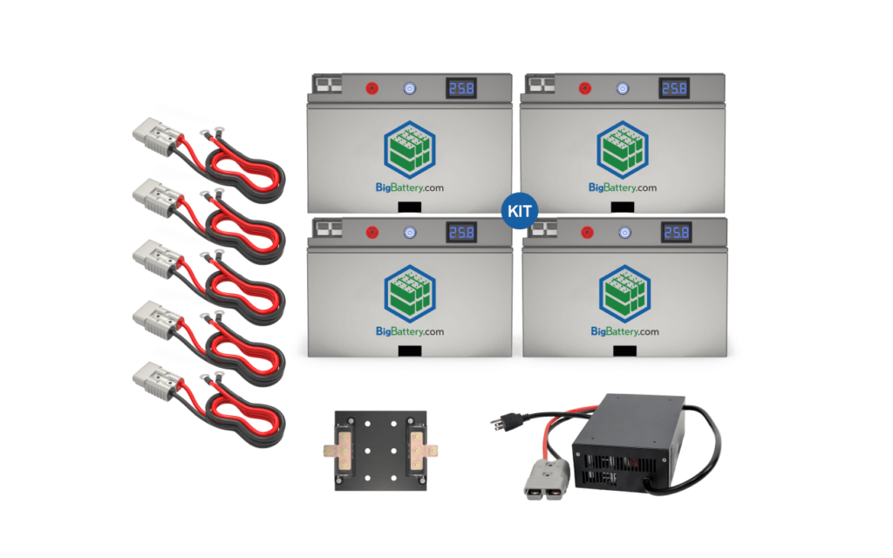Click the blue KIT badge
pyautogui.click(x=521, y=211)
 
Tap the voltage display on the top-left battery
pyautogui.click(x=461, y=88)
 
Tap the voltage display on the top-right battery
pyautogui.click(x=674, y=88)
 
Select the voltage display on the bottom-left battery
pyautogui.click(x=461, y=232)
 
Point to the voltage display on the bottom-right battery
pyautogui.click(x=676, y=232)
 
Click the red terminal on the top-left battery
pyautogui.click(x=371, y=88)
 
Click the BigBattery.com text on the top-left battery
pyautogui.click(x=410, y=187)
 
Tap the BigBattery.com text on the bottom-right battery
pyautogui.click(x=624, y=331)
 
